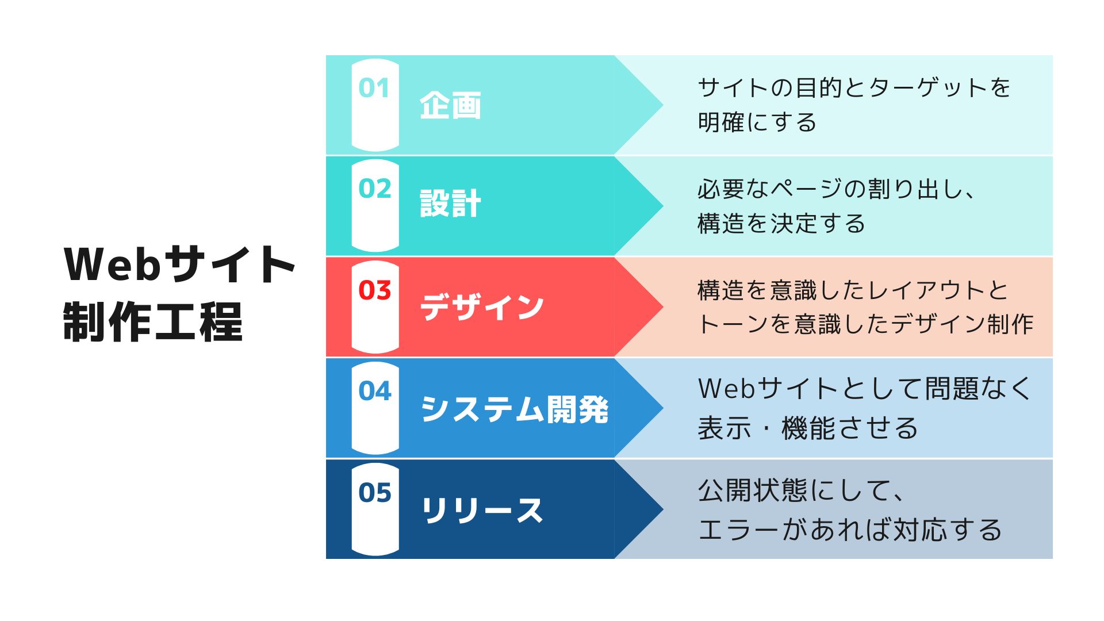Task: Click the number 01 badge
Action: coord(374,88)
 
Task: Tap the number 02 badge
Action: coord(374,189)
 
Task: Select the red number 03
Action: coord(374,290)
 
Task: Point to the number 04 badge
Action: coord(374,391)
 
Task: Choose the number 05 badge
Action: coord(374,492)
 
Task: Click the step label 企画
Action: coord(450,106)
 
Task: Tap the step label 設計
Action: coord(450,204)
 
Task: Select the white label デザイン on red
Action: coord(482,306)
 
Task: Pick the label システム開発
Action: coord(514,409)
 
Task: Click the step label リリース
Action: coord(482,510)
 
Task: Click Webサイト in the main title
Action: coord(179,264)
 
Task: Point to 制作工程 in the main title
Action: coord(153,322)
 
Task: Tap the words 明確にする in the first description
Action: coord(757,122)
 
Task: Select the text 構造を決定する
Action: coord(781,223)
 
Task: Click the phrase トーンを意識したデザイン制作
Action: coord(865,324)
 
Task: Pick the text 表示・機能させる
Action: coord(808,428)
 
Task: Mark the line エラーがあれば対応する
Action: coord(850,530)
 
